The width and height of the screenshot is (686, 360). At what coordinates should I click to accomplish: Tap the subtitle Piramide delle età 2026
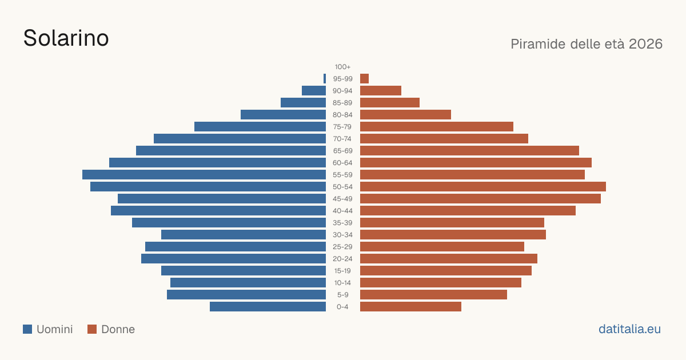[x=587, y=44]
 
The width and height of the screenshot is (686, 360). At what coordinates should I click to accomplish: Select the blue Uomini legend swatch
[x=27, y=329]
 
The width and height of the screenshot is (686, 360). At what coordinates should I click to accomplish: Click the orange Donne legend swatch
[x=92, y=329]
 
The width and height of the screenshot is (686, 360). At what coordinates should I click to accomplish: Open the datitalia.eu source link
[x=629, y=329]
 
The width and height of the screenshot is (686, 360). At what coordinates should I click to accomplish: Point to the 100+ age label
[x=342, y=67]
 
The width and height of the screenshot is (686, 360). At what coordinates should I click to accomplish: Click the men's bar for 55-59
[x=204, y=174]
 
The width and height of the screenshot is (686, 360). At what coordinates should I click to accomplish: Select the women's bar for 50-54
[x=483, y=186]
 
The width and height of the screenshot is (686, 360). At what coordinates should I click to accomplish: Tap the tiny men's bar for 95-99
[x=325, y=79]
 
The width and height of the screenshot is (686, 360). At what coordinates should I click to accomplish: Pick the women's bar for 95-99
[x=365, y=79]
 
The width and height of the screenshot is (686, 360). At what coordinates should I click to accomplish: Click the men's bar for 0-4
[x=268, y=306]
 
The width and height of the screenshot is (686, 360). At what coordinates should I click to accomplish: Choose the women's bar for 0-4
[x=410, y=306]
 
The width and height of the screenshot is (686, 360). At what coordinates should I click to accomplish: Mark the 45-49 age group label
[x=342, y=199]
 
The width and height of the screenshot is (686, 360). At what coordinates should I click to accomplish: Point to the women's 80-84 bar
[x=405, y=114]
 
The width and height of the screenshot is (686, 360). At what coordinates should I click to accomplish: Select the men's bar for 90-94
[x=314, y=91]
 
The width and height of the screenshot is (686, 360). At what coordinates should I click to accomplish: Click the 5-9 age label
[x=342, y=295]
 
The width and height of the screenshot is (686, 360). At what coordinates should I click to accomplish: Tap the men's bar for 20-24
[x=233, y=259]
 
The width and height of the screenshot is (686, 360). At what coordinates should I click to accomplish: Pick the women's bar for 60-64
[x=476, y=162]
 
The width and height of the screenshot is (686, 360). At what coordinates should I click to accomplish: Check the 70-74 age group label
[x=342, y=139]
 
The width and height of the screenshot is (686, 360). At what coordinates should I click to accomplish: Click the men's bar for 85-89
[x=303, y=102]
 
